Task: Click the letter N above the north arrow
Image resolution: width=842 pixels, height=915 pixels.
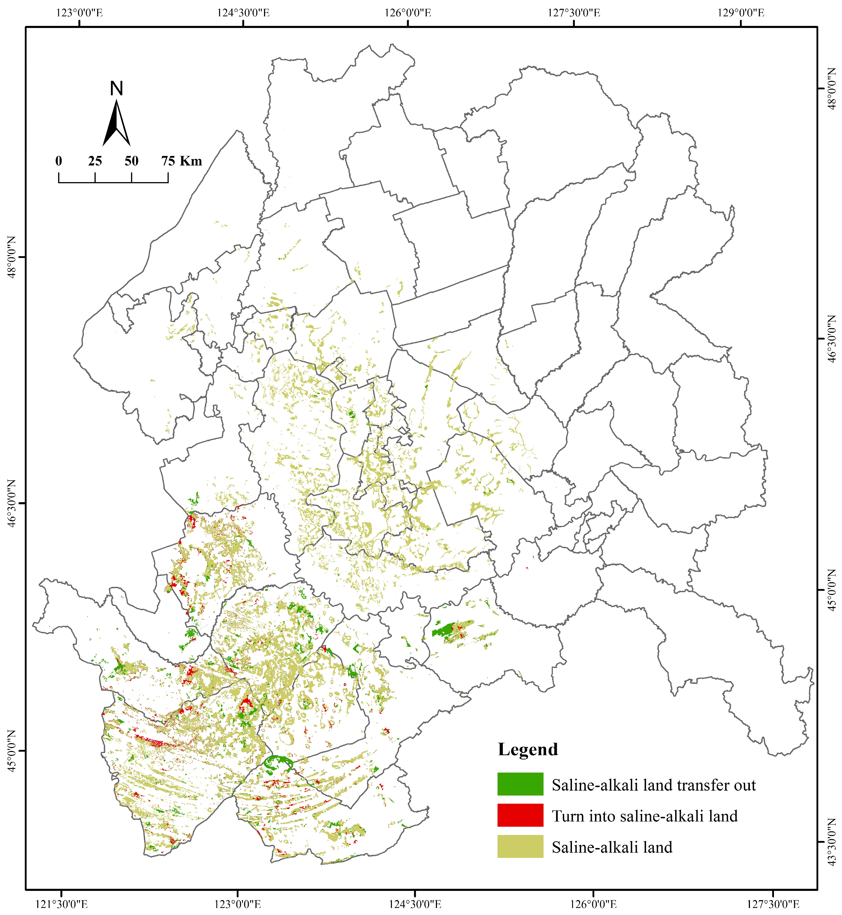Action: [x=117, y=88]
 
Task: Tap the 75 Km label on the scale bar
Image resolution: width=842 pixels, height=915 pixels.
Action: [x=181, y=161]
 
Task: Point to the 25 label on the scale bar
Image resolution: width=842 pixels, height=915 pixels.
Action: [x=95, y=161]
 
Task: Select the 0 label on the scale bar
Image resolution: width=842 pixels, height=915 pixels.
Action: [x=59, y=161]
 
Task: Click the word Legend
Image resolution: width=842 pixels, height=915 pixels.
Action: [x=528, y=750]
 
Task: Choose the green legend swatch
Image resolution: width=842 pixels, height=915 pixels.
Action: [x=520, y=784]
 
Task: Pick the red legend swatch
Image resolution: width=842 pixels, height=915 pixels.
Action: [x=520, y=815]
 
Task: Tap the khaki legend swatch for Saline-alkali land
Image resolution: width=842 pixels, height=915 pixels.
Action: [x=520, y=847]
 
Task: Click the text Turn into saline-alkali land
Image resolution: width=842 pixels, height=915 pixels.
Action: [x=645, y=816]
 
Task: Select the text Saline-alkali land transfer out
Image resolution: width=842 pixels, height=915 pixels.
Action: [x=654, y=785]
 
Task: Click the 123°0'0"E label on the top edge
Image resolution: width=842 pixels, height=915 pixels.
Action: [x=80, y=12]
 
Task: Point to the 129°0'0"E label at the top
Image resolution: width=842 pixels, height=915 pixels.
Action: [x=741, y=12]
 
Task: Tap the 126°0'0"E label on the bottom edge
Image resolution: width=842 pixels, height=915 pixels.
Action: [x=593, y=904]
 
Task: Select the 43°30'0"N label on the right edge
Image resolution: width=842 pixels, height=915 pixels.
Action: [x=831, y=842]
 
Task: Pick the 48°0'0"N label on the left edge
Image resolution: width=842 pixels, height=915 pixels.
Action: [x=11, y=257]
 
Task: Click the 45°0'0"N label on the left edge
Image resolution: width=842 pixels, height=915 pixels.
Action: [x=11, y=751]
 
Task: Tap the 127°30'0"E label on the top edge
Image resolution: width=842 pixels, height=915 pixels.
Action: [x=574, y=12]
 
